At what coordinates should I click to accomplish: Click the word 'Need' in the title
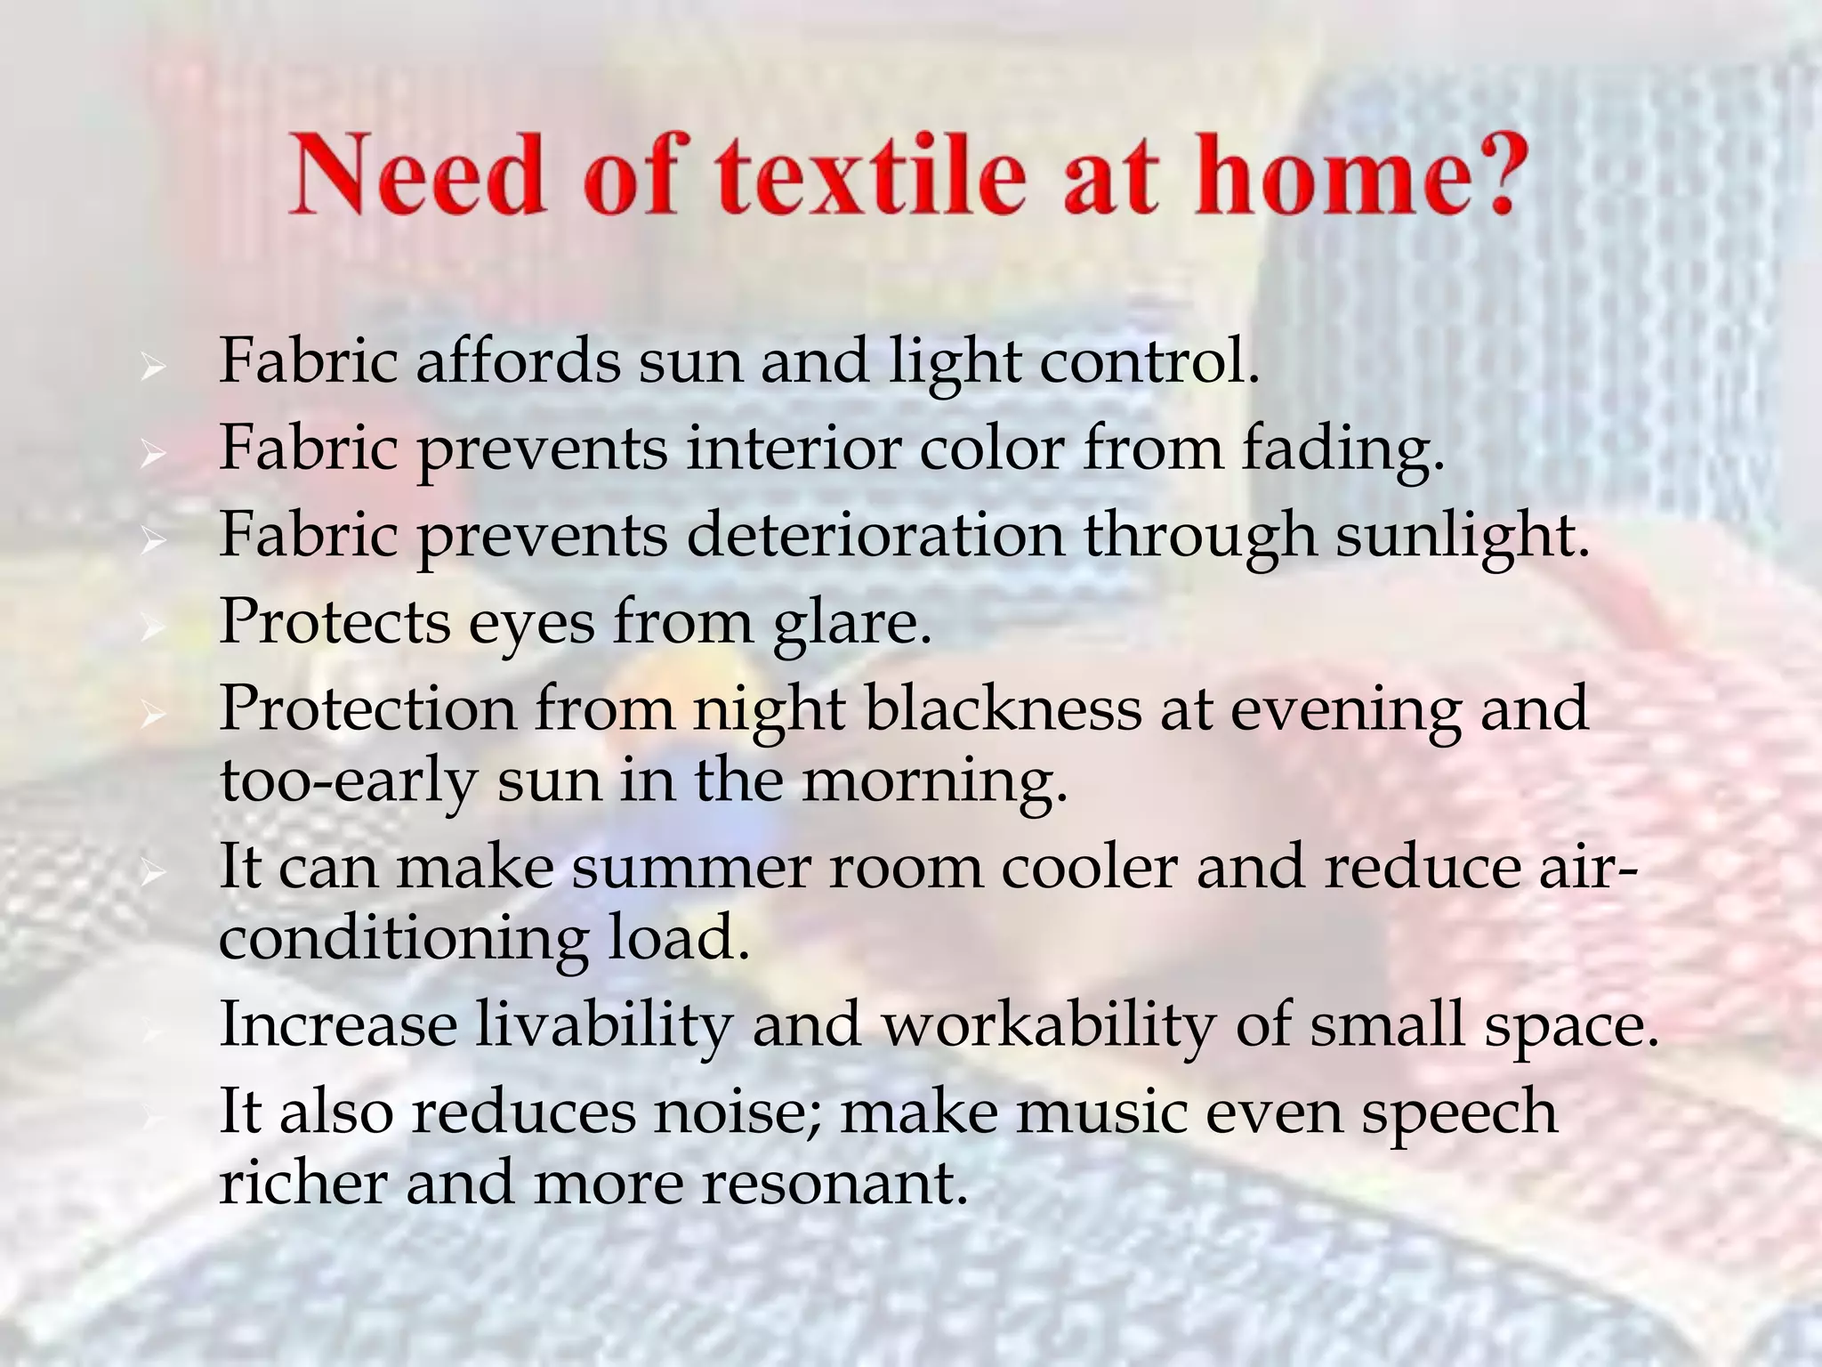click(415, 174)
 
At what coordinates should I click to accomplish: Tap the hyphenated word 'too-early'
click(348, 781)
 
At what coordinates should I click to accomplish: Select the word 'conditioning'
click(403, 939)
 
